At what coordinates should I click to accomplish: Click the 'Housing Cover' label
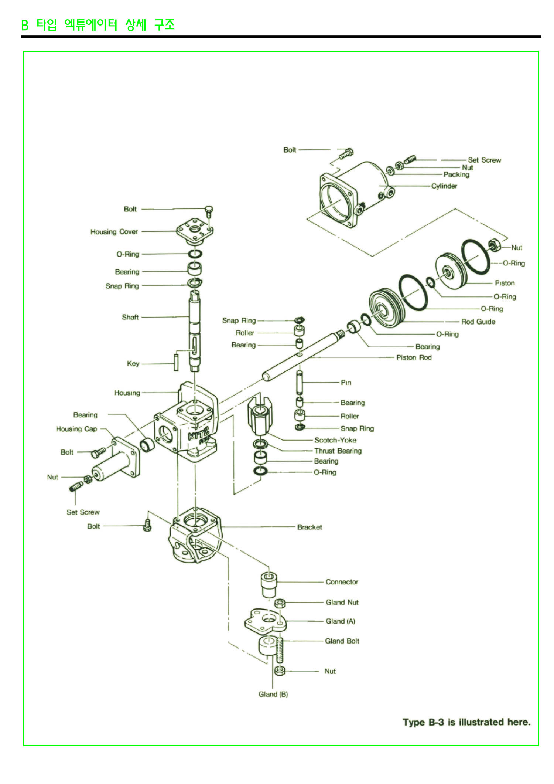[114, 232]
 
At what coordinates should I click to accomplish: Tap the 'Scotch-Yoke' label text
[335, 440]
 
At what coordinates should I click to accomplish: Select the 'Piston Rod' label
[414, 357]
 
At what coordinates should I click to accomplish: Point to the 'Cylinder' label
[444, 186]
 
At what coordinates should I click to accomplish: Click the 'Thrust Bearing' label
[338, 451]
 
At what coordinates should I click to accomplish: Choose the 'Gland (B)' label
[273, 694]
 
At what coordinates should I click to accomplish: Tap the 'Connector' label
[342, 582]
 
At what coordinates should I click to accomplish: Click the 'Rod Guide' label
[478, 322]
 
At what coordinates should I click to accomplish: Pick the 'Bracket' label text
[309, 527]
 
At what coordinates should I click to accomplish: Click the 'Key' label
[133, 364]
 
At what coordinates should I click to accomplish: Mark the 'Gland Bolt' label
[342, 641]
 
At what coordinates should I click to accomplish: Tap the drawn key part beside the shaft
[176, 362]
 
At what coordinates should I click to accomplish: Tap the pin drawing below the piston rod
[300, 383]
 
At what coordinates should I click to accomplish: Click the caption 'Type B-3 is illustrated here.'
[466, 722]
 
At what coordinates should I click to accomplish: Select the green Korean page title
[98, 25]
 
